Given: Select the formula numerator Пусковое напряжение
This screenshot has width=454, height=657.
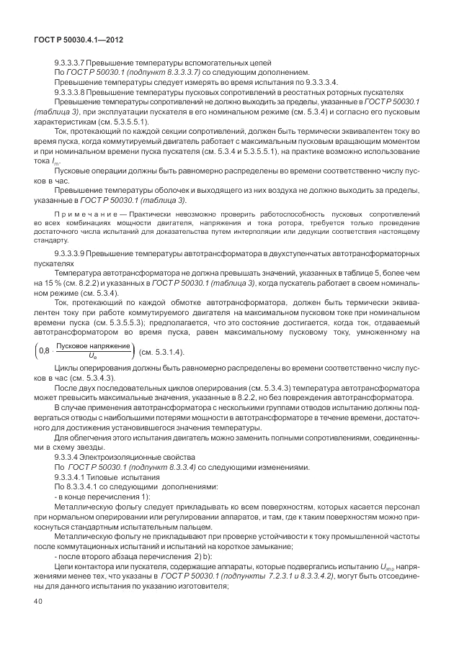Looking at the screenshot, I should pos(93,346).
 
